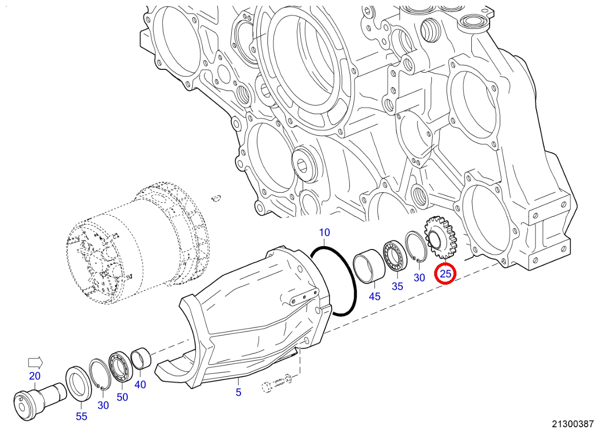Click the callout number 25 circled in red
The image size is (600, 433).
(445, 274)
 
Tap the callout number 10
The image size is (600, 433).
(324, 233)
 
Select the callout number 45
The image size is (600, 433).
(374, 296)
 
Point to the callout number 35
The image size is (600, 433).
(397, 286)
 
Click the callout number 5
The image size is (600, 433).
(239, 392)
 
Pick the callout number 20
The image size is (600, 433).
(35, 376)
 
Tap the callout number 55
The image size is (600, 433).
(81, 417)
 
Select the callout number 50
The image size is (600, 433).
(122, 397)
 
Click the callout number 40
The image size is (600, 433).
(140, 384)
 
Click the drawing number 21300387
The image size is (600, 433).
(573, 424)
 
